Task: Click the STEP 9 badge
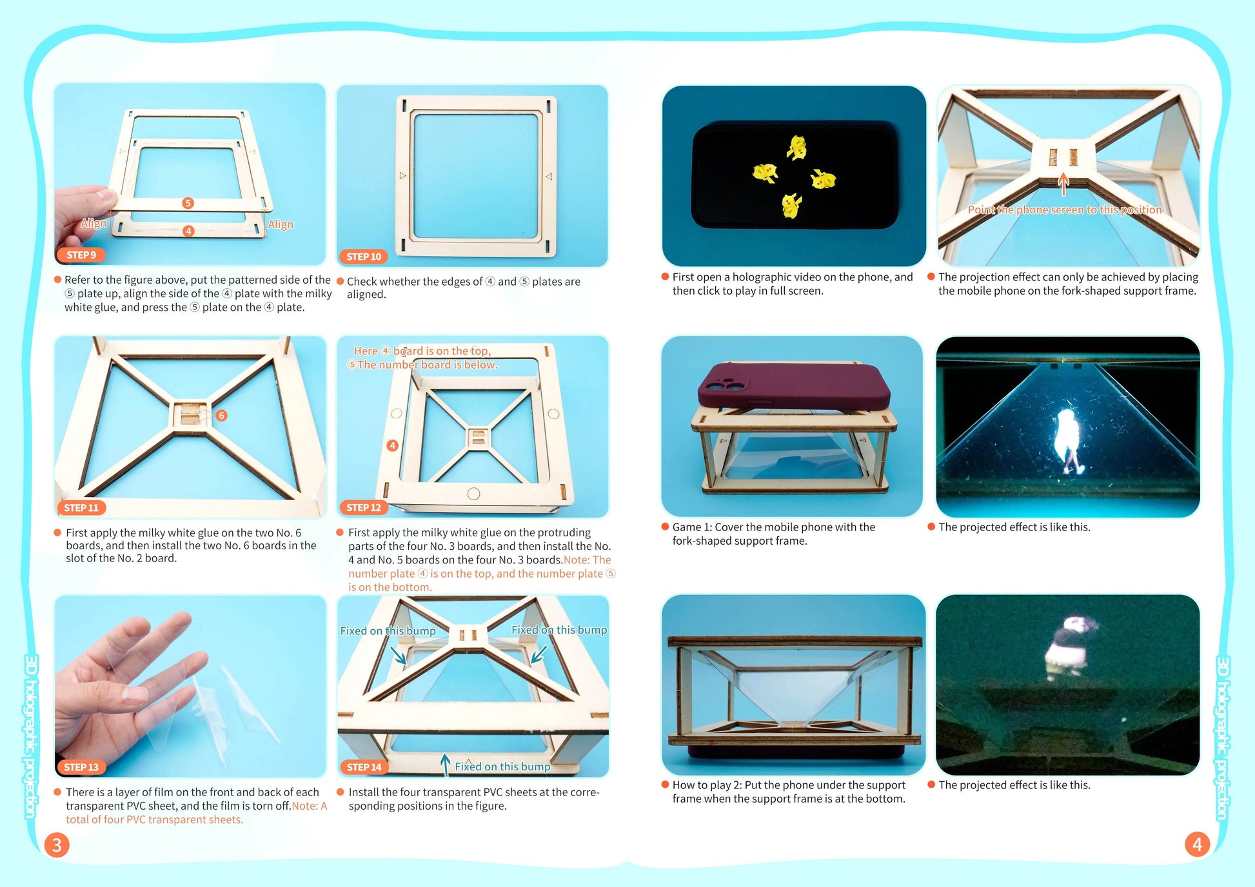click(81, 255)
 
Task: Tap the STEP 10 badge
click(364, 257)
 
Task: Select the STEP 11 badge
click(81, 508)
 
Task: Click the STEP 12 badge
click(364, 507)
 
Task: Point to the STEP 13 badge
click(81, 767)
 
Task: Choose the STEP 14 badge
click(364, 767)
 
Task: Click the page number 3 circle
click(57, 844)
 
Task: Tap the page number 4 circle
click(1197, 844)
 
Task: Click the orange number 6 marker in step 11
click(221, 415)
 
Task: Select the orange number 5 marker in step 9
click(188, 203)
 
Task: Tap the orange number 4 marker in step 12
click(392, 445)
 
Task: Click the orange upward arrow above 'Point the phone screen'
click(1063, 184)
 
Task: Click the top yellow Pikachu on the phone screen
click(797, 148)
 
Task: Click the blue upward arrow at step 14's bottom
click(445, 764)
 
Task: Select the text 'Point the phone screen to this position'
click(1064, 210)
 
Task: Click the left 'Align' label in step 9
click(94, 223)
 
